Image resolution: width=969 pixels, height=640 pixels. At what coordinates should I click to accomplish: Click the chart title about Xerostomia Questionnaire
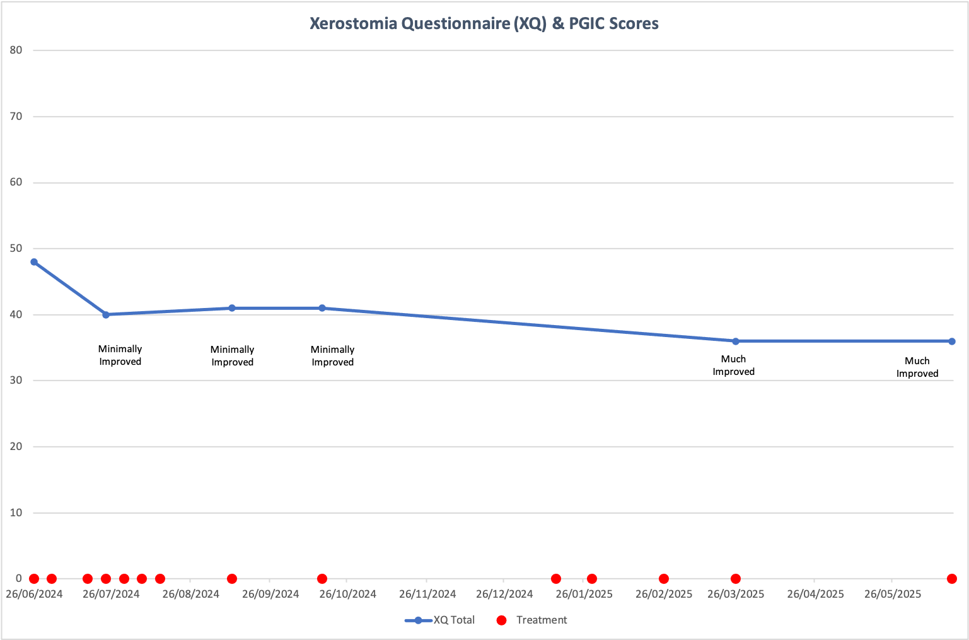(484, 24)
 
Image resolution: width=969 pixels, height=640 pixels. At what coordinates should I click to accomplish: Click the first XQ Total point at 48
(34, 262)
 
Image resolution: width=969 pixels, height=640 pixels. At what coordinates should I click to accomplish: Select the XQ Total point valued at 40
(106, 314)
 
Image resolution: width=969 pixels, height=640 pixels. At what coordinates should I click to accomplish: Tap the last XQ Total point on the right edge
(952, 341)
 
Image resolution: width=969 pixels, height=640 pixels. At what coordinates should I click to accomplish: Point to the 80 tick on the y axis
(16, 50)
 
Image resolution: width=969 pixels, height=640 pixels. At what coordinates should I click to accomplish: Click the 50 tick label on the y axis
(16, 249)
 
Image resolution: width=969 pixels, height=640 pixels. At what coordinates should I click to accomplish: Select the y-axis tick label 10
(16, 513)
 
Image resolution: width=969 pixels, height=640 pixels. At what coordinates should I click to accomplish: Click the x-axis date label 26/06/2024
(34, 594)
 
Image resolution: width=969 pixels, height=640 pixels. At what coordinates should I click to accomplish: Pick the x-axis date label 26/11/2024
(427, 594)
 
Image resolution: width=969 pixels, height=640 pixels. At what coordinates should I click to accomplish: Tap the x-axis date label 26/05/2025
(892, 594)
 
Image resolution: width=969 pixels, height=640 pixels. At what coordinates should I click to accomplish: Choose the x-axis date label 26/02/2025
(663, 594)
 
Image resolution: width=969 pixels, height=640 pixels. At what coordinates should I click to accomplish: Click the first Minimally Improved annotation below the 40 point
(120, 355)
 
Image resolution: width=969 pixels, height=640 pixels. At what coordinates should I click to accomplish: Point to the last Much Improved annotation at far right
(917, 367)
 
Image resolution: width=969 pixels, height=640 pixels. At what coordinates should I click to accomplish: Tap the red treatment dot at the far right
(952, 579)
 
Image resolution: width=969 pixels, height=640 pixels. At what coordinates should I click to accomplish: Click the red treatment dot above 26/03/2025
(736, 579)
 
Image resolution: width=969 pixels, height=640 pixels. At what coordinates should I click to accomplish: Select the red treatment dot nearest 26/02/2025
(664, 579)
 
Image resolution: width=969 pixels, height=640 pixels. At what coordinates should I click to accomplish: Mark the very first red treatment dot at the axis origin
(34, 579)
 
